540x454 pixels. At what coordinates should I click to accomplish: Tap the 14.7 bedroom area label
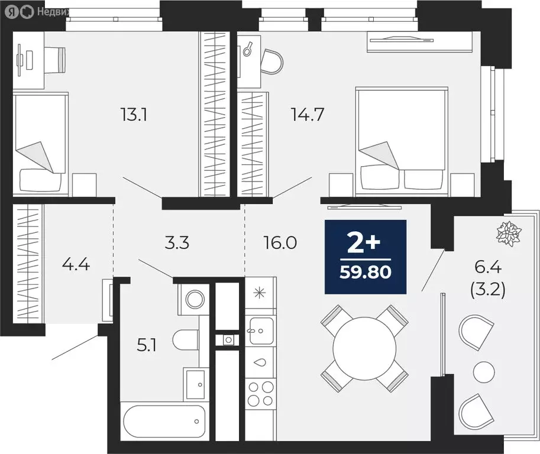[306, 114]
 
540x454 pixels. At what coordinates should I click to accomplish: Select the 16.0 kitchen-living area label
[281, 243]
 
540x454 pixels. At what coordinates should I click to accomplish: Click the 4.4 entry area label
[76, 264]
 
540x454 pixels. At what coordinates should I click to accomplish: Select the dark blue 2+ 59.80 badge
[365, 257]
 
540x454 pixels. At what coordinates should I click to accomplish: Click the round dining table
[364, 349]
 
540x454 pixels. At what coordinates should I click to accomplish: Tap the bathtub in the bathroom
[159, 421]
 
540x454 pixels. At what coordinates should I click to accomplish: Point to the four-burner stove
[260, 394]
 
